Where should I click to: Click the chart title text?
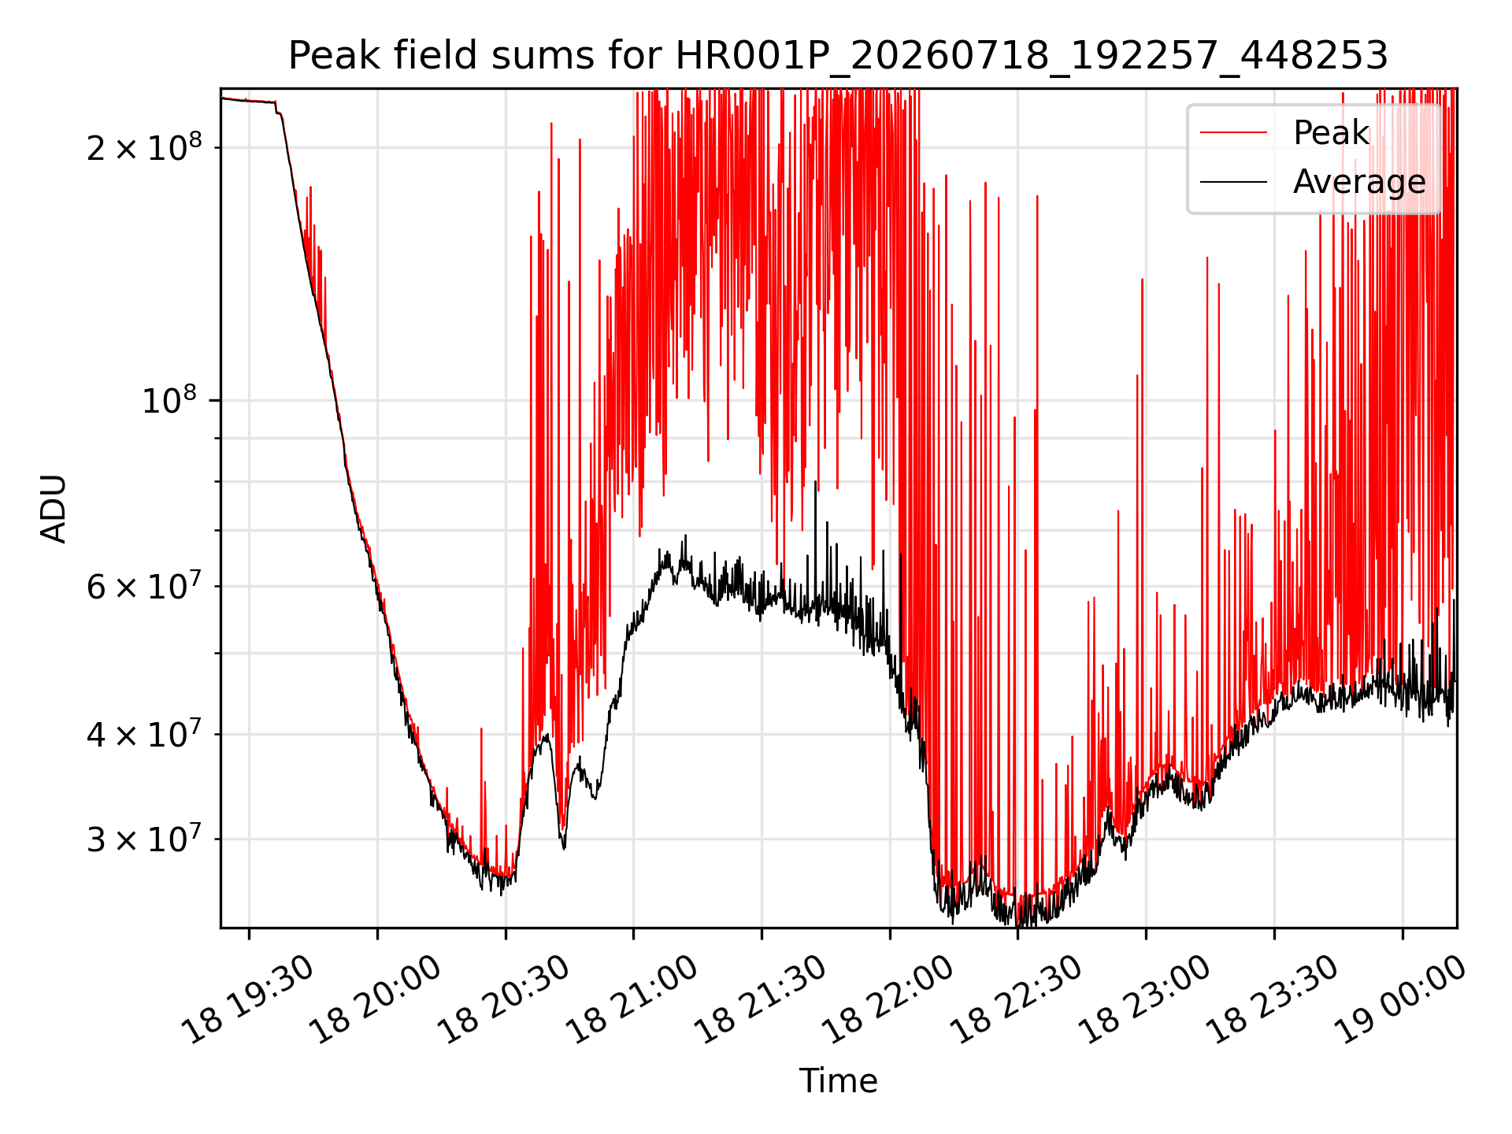point(838,56)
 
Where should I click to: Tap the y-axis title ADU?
point(54,509)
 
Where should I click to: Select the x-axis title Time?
point(838,1080)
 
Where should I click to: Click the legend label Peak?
point(1331,133)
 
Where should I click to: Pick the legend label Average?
point(1359,182)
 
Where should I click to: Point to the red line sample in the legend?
point(1233,133)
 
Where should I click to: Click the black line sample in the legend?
point(1233,182)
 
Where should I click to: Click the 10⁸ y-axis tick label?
point(171,400)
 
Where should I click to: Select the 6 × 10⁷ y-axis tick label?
point(144,587)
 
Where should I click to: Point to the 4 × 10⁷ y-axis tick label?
point(144,735)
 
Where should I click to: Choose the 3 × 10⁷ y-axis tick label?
point(144,839)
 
